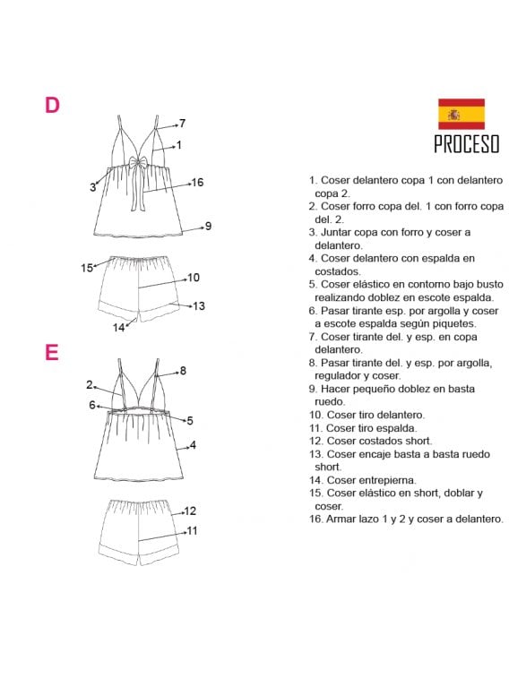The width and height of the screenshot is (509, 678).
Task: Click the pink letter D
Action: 52,105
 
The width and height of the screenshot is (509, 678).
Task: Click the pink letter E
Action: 51,352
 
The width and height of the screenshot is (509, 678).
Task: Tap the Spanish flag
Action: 461,114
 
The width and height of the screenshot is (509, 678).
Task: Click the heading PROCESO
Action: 467,144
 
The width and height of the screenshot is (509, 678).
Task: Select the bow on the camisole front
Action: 138,164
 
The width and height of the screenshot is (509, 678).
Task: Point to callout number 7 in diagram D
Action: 183,124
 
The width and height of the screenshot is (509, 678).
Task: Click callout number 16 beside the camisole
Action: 197,183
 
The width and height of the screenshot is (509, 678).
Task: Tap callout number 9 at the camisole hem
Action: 208,226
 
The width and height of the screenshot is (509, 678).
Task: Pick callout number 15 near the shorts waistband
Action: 87,268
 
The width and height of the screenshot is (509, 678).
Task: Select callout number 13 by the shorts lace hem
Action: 199,306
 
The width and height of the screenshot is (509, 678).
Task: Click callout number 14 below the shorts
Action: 118,328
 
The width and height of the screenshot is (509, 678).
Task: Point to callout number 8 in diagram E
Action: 183,371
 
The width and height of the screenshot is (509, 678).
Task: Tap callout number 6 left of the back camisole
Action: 92,405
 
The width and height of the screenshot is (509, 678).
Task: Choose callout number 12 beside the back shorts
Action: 190,511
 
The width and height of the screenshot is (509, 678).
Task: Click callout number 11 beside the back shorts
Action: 192,530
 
